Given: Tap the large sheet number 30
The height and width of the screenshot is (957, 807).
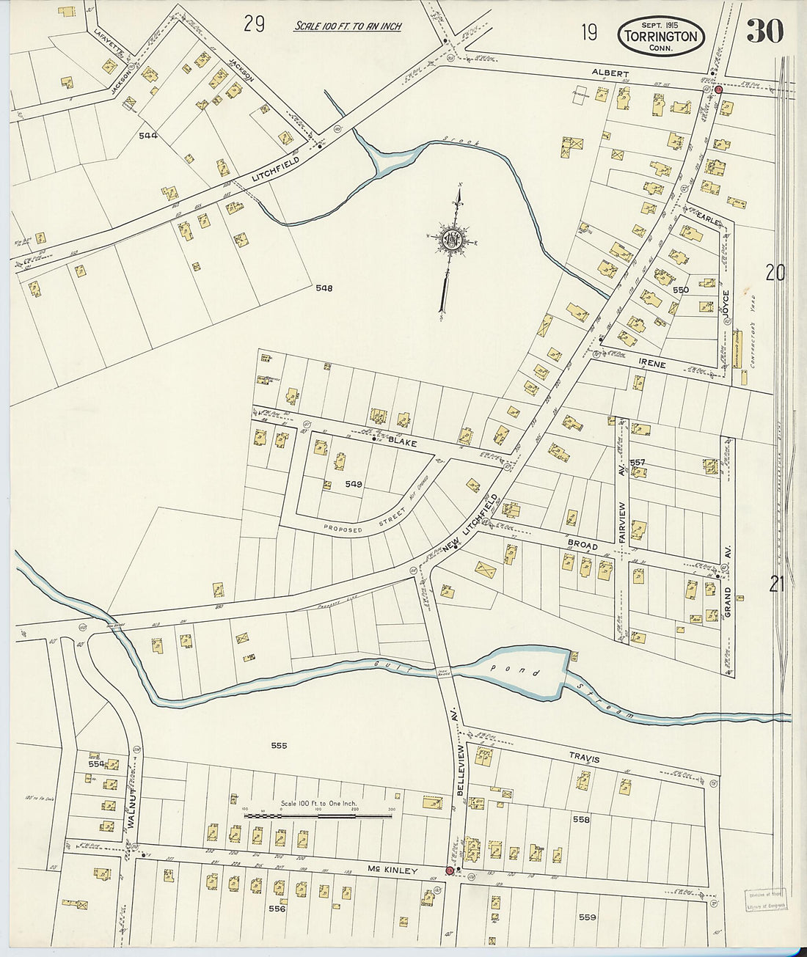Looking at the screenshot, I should pyautogui.click(x=765, y=31).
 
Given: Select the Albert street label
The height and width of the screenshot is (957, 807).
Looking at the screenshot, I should pyautogui.click(x=612, y=73).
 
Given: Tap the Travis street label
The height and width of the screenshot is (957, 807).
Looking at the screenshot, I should pyautogui.click(x=584, y=760).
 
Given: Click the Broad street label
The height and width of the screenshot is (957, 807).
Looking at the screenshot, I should pyautogui.click(x=583, y=546).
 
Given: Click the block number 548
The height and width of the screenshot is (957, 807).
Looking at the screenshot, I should pyautogui.click(x=324, y=288).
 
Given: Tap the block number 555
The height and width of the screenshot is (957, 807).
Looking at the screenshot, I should pyautogui.click(x=279, y=746).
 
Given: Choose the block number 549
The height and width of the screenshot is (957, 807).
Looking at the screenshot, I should pyautogui.click(x=354, y=484).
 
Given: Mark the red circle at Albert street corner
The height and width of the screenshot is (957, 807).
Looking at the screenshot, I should pyautogui.click(x=719, y=89).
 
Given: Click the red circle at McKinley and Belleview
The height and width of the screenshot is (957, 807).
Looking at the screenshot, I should pyautogui.click(x=450, y=871).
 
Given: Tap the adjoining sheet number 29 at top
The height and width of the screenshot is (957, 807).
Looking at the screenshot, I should pyautogui.click(x=254, y=24).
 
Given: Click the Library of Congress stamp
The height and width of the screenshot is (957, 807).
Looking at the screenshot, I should pyautogui.click(x=766, y=901).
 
